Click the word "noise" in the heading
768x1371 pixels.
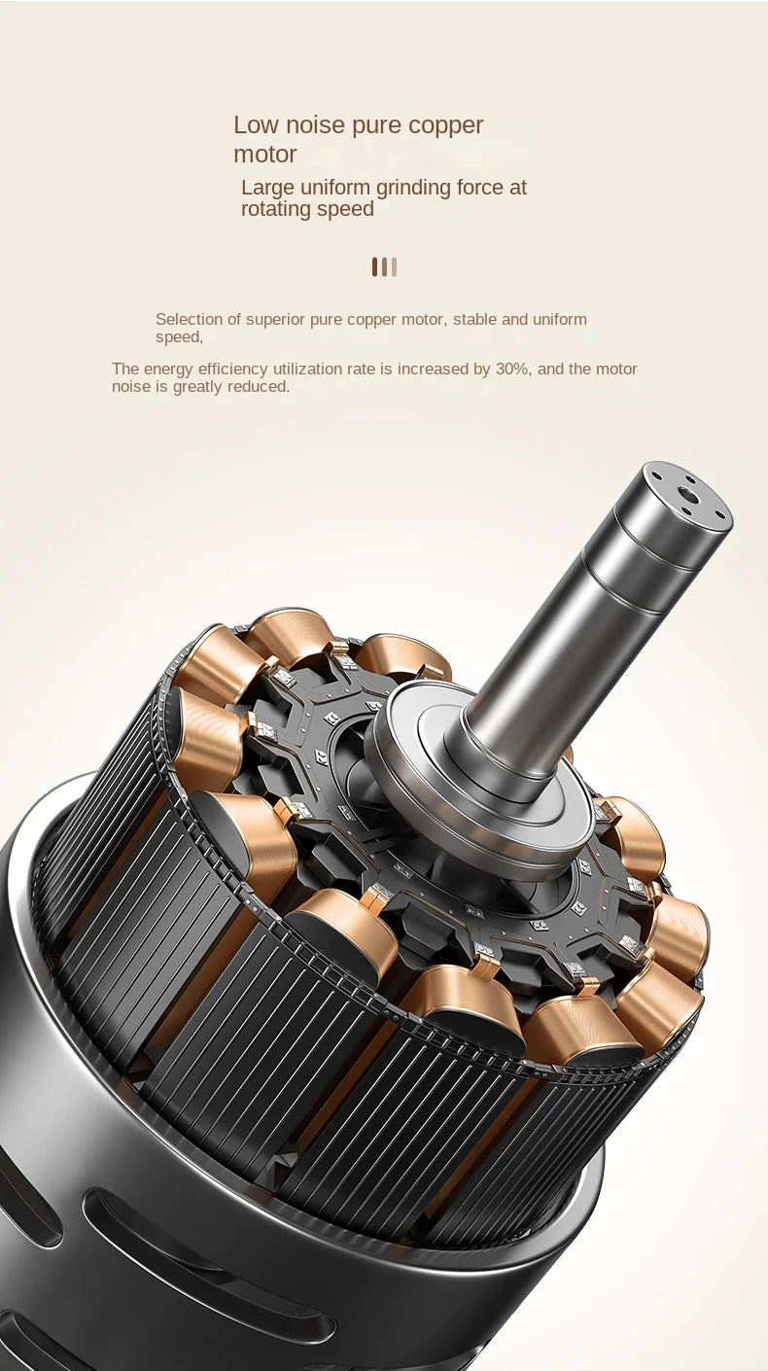314,125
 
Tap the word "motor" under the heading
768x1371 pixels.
264,155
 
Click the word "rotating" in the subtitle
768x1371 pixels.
280,210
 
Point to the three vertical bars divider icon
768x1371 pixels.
384,266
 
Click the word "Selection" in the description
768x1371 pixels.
189,320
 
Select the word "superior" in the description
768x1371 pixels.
275,320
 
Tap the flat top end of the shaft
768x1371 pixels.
687,496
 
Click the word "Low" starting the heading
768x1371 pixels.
256,125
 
